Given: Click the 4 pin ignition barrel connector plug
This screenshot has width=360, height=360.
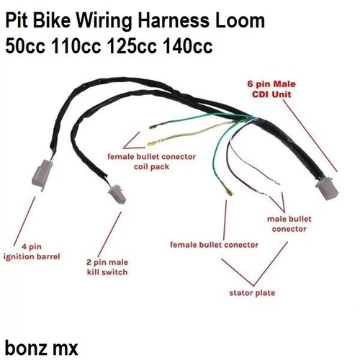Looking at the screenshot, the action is pos(42,174).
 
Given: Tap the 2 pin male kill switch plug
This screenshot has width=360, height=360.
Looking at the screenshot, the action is pos(117,194).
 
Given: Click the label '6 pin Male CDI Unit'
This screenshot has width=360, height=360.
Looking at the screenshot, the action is pos(271,89).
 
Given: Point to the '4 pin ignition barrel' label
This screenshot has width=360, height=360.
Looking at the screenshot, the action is pos(32,252).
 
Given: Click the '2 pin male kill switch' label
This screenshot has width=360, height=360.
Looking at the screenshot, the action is pos(107,267).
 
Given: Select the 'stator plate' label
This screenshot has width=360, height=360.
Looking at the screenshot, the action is pos(252,293).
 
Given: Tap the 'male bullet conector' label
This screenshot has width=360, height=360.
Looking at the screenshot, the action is pos(289,224).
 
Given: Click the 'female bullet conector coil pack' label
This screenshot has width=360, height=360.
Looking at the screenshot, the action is pos(151,161).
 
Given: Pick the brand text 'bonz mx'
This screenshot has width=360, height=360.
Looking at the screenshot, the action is pos(42,348).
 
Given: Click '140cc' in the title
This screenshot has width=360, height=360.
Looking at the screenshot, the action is pos(188,46).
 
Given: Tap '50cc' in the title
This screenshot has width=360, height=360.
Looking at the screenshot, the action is pos(25,46).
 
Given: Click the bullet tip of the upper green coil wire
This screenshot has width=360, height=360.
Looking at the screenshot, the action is pos(153,127).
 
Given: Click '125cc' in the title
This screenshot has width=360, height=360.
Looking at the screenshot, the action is pos(132,46).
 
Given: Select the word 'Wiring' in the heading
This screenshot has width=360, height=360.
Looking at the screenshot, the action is pos(104,21).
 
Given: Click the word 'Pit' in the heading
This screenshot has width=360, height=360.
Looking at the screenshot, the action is pos(17,21).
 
